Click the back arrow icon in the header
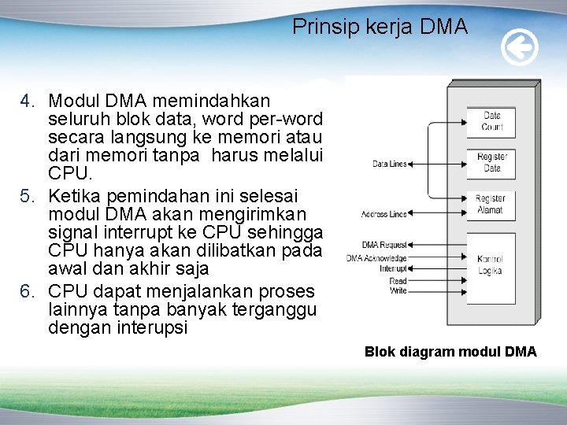520,49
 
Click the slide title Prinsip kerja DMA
380,27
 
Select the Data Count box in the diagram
491,121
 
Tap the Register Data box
491,162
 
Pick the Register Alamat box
491,205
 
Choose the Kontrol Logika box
491,264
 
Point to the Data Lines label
389,164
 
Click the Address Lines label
384,214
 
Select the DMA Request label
384,246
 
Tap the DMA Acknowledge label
376,257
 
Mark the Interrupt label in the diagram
393,268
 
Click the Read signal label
398,280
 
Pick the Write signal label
398,290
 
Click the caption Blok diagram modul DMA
450,352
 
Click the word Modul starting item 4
71,102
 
